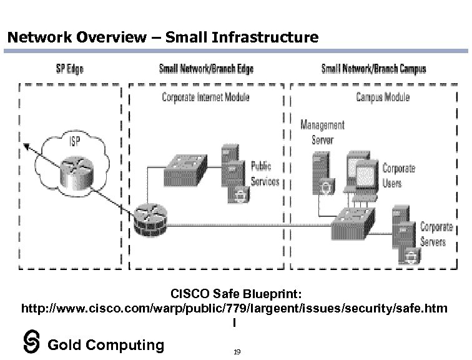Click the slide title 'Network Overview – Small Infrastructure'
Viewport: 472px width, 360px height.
coord(162,37)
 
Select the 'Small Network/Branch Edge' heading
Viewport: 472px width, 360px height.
coord(206,68)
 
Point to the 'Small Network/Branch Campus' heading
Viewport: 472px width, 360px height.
coord(373,68)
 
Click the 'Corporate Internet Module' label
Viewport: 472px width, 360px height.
coord(205,97)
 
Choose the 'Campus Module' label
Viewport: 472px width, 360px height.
coord(383,97)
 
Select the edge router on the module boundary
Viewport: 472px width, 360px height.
coord(149,221)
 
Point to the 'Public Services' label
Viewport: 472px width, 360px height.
coord(265,174)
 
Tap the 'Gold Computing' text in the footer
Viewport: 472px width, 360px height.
coord(106,344)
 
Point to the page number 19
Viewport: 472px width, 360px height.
coord(237,352)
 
